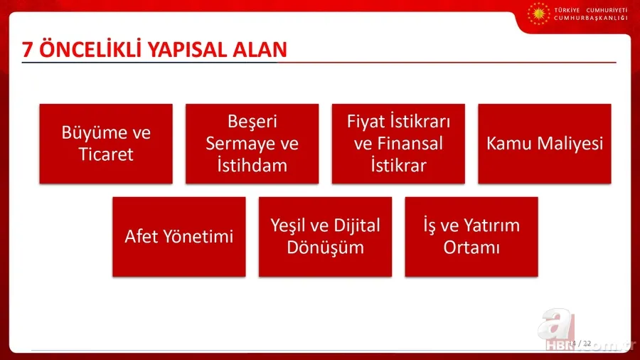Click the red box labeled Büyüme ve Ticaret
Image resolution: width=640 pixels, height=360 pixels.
[106, 144]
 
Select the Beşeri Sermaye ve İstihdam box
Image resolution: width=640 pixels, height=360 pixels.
[252, 144]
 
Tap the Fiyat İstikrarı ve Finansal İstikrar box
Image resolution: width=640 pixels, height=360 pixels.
[398, 144]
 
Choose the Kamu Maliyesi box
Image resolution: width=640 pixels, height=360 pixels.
[544, 144]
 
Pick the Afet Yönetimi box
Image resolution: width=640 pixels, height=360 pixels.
[178, 236]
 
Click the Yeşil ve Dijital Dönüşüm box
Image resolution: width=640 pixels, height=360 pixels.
[325, 236]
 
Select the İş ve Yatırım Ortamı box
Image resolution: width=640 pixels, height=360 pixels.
[471, 236]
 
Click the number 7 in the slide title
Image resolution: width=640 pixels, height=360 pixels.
[28, 50]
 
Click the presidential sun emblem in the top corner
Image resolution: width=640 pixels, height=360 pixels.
[538, 14]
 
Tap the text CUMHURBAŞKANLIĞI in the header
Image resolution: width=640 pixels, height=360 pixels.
[590, 18]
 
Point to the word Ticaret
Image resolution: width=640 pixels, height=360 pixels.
[106, 154]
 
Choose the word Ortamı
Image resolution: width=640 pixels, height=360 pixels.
[471, 248]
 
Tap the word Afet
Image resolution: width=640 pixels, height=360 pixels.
[141, 236]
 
